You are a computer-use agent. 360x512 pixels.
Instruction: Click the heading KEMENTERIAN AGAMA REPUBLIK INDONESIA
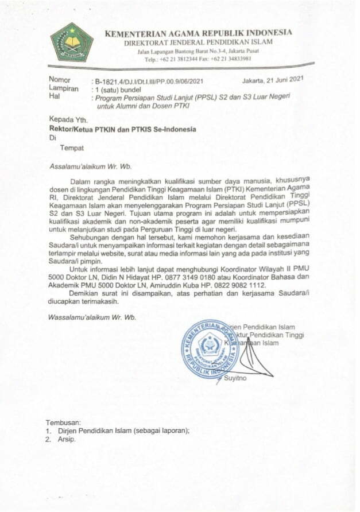(x=199, y=33)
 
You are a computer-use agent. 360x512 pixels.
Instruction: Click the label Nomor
(x=60, y=80)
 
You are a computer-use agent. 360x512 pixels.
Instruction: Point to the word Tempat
(x=72, y=148)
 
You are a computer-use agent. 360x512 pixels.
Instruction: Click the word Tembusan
(x=63, y=422)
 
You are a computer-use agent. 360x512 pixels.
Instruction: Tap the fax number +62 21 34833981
(x=235, y=59)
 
